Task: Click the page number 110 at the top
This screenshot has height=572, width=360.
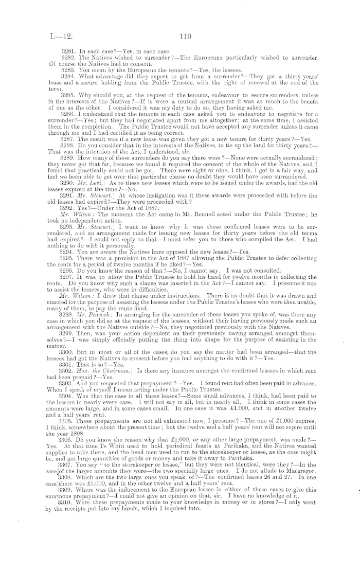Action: point(186,37)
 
